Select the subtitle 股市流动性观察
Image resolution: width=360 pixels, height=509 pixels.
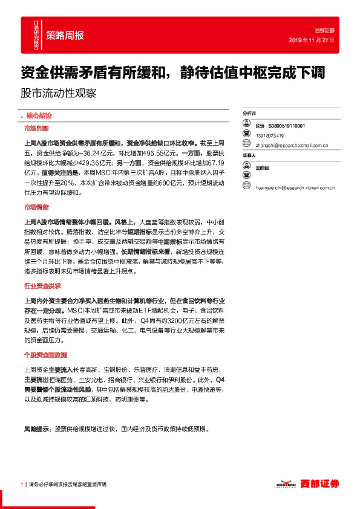coord(58,94)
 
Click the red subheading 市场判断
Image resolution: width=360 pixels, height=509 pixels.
coord(36,129)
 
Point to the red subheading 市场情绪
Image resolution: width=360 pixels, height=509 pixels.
coord(36,207)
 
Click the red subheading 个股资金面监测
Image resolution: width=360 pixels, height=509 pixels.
coord(44,355)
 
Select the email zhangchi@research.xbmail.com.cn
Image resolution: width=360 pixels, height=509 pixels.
coord(292,145)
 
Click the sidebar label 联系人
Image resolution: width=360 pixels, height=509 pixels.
coord(249,155)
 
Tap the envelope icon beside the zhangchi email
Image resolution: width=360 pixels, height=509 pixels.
coord(247,144)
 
